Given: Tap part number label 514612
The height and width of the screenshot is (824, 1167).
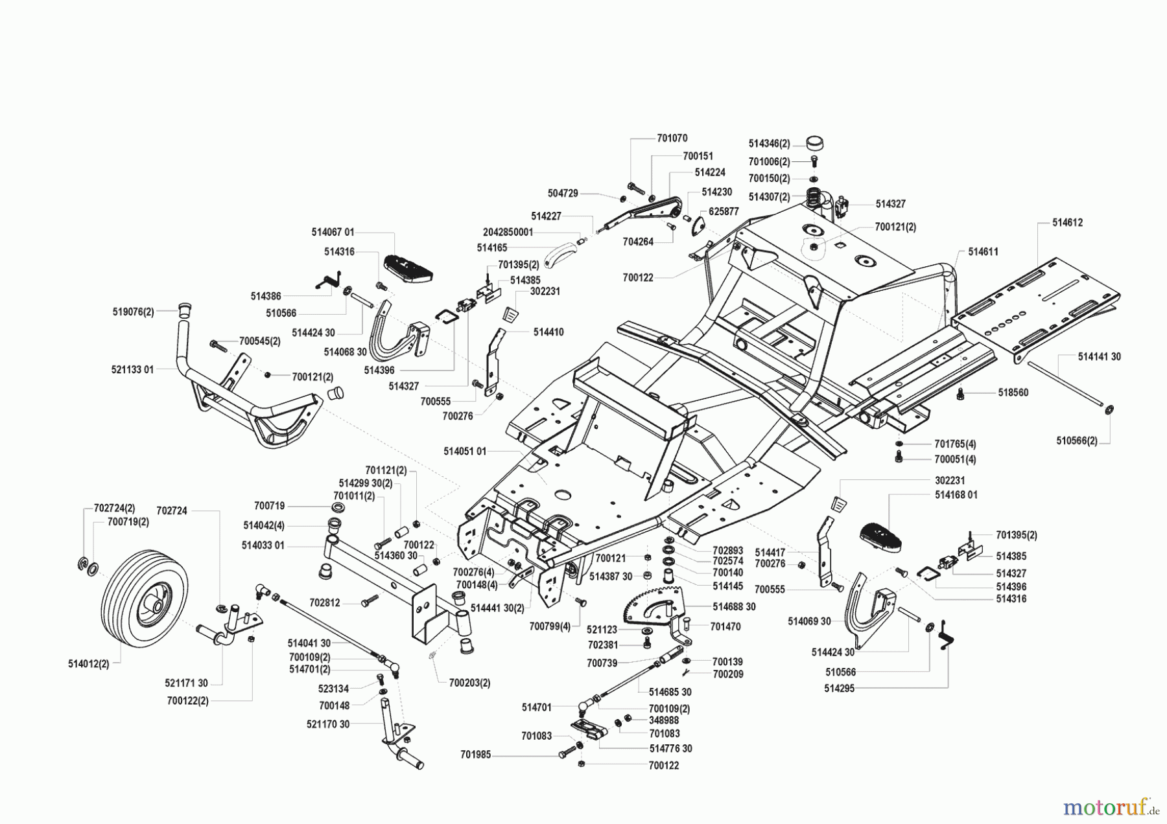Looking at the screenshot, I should click(1067, 222).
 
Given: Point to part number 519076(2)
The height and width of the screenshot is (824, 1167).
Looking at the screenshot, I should click(133, 312).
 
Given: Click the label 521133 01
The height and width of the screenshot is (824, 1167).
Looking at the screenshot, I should click(132, 369).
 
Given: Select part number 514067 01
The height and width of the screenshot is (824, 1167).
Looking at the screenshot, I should click(333, 232).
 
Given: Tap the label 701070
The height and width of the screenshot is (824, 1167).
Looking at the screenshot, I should click(672, 138).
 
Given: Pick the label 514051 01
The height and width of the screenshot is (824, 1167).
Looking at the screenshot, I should click(465, 451).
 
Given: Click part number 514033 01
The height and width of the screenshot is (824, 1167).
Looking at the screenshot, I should click(263, 545).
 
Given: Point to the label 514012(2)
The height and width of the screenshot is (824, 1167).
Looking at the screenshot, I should click(88, 664).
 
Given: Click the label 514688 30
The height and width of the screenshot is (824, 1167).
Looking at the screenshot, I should click(734, 606).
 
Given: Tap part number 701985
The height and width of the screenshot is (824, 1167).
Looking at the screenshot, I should click(476, 755).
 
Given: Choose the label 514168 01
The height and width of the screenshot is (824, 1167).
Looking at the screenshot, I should click(956, 495).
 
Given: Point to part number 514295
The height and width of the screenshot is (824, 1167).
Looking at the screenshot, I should click(840, 689).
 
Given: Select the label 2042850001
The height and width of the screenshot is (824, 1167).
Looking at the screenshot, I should click(508, 232).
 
